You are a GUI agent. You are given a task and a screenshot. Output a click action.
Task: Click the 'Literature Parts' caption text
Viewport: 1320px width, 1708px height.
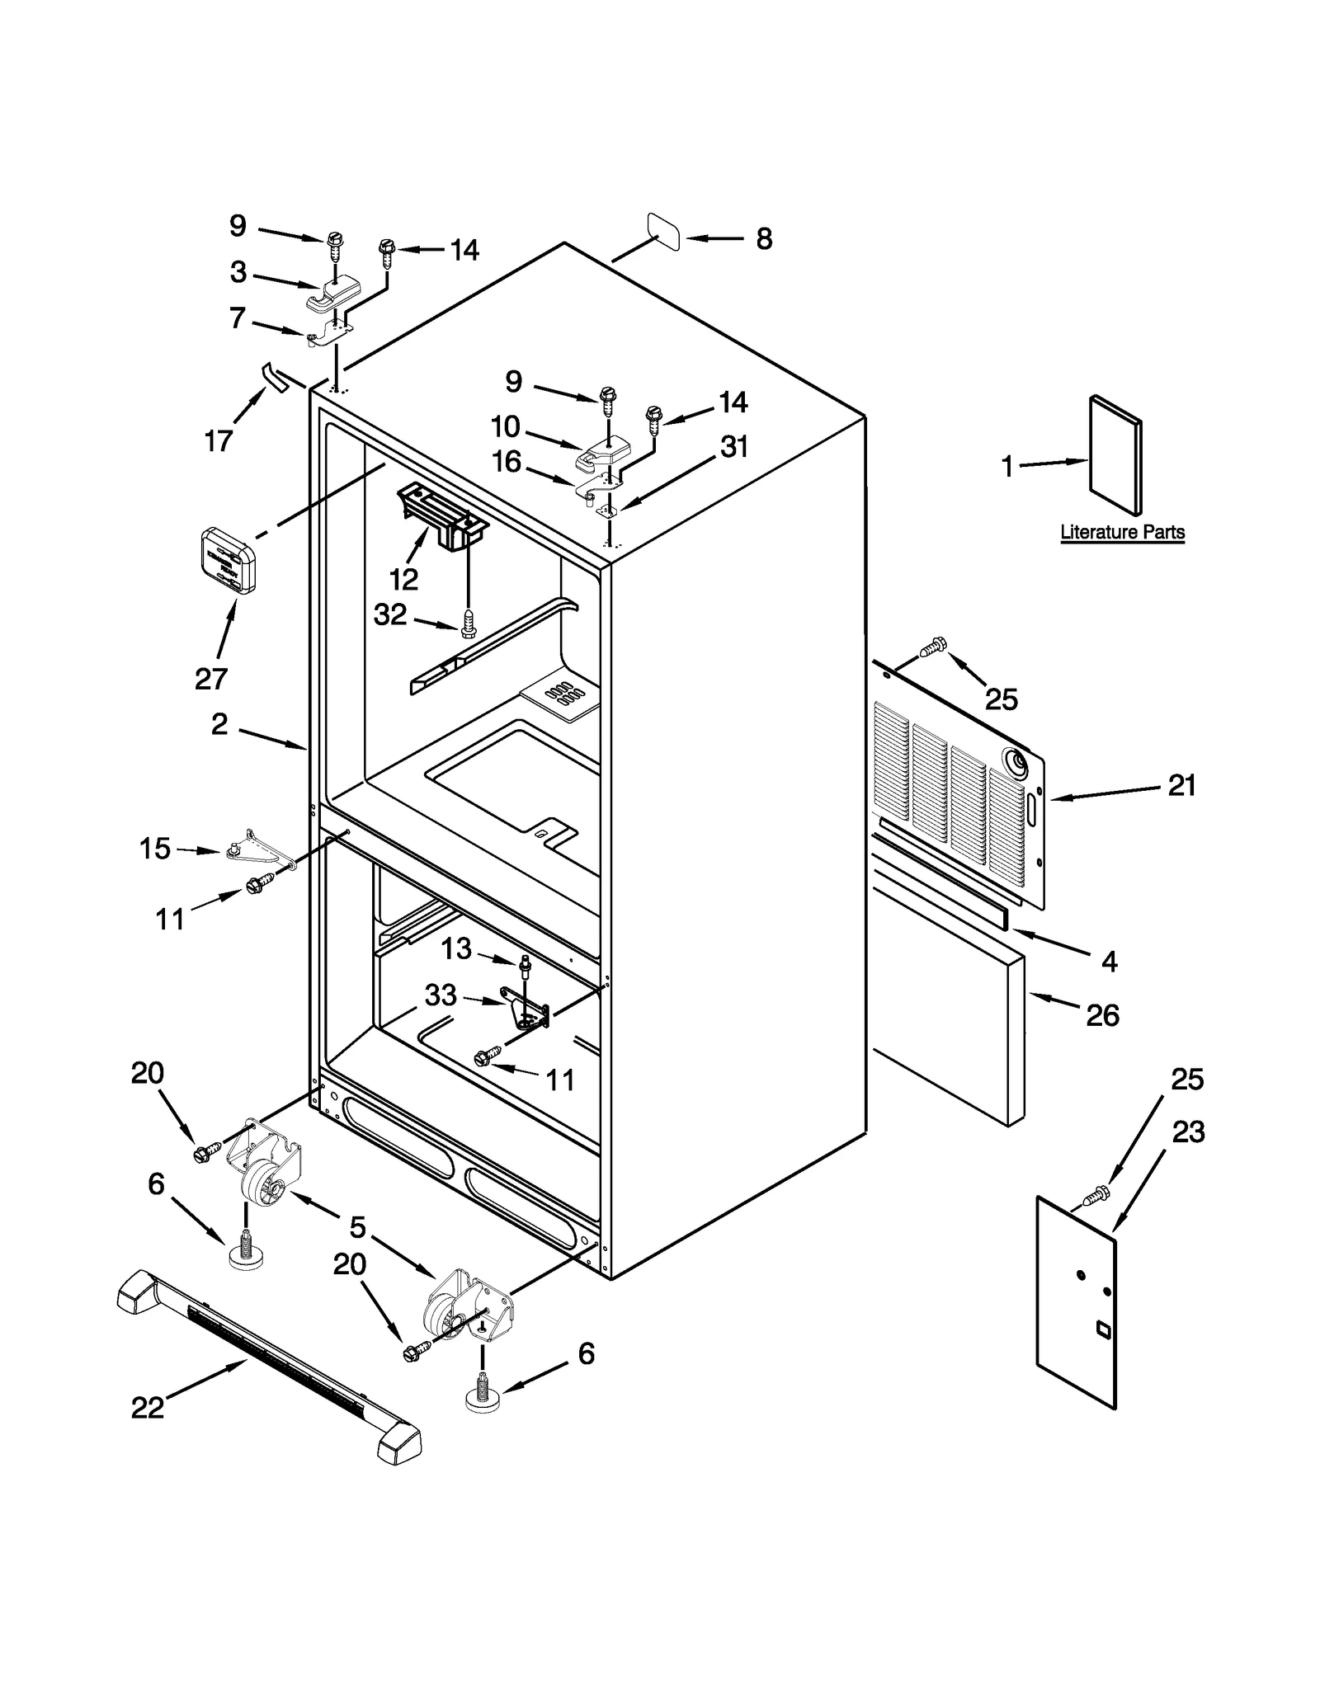point(1122,532)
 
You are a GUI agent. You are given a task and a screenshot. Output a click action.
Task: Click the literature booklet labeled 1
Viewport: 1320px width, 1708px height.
point(1115,455)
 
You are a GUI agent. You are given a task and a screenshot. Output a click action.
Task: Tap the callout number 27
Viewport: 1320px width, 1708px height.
point(211,679)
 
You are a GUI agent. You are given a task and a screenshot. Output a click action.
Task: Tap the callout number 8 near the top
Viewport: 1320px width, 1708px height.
point(764,239)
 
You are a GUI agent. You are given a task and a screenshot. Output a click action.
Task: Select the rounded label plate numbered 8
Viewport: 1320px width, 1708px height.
point(664,232)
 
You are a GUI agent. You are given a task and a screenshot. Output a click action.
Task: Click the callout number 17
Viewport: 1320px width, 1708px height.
point(218,441)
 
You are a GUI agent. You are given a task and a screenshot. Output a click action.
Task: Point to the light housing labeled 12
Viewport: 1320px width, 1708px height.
point(442,515)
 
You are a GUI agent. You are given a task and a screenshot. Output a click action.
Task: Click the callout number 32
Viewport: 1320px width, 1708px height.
point(390,614)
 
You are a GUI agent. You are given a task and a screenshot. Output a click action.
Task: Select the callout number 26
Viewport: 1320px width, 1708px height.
point(1102,1014)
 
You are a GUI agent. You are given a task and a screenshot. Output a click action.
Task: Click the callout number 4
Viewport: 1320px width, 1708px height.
point(1110,961)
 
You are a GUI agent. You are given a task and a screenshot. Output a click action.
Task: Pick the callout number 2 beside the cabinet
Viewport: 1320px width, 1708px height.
point(219,724)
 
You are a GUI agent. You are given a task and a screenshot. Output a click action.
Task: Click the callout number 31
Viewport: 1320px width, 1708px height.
point(733,446)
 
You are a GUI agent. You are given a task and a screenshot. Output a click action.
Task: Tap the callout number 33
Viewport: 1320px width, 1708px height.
point(441,995)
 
